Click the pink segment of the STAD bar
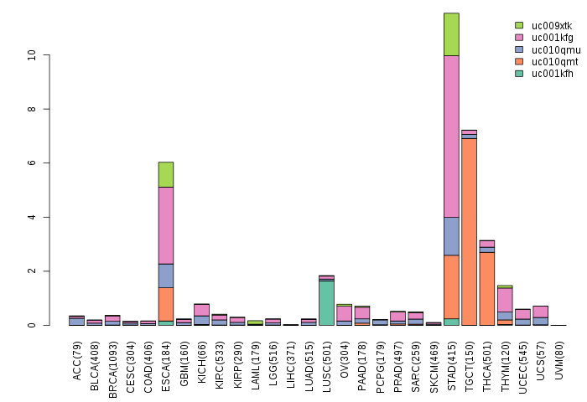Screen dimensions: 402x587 point(451,136)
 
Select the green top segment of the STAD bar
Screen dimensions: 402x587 point(451,33)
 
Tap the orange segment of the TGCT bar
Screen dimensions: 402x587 point(469,231)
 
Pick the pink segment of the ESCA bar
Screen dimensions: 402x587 point(165,224)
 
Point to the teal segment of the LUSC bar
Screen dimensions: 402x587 point(326,302)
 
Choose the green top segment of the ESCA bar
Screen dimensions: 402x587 point(165,174)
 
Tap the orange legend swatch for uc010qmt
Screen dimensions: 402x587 point(519,62)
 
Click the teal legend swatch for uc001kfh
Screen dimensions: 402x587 point(519,74)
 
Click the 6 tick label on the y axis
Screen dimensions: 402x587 point(32,163)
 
